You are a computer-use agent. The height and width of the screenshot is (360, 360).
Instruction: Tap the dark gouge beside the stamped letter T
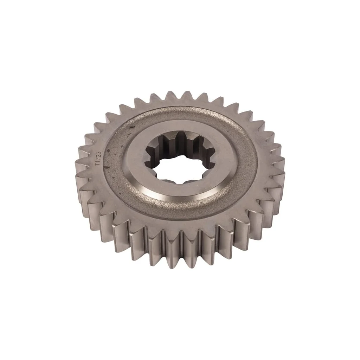106,167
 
